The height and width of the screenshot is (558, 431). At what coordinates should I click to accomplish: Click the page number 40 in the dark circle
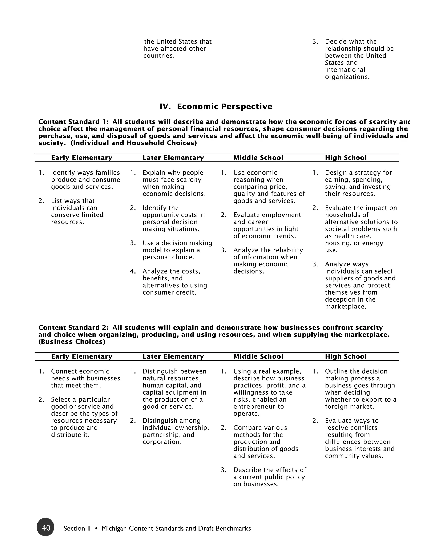[x=45, y=528]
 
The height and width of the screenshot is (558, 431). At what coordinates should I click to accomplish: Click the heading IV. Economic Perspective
[x=216, y=107]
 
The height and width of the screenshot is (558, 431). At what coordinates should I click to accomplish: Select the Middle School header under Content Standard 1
[x=258, y=158]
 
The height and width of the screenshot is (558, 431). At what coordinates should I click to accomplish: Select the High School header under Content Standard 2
[x=346, y=356]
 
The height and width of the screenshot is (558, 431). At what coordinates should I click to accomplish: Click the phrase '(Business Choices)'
[x=72, y=342]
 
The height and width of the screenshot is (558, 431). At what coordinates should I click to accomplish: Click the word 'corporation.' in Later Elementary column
[x=162, y=442]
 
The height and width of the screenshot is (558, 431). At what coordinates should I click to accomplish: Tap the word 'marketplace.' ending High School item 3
[x=346, y=306]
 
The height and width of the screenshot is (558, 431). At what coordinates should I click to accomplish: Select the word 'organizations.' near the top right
[x=347, y=77]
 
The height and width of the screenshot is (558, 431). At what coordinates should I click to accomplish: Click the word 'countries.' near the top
[x=159, y=56]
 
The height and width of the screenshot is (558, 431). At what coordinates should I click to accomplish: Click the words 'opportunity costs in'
[x=173, y=215]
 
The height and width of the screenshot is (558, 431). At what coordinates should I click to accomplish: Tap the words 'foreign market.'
[x=349, y=406]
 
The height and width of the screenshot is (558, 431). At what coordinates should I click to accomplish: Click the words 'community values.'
[x=354, y=456]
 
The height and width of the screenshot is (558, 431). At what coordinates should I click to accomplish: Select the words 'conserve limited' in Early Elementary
[x=77, y=215]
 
